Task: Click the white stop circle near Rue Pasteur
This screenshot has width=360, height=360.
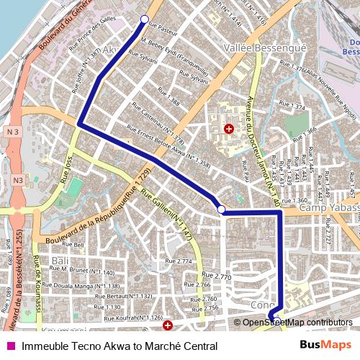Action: (144, 19)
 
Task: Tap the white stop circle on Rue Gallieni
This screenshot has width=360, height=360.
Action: (222, 210)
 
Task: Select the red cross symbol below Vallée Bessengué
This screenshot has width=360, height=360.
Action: (229, 129)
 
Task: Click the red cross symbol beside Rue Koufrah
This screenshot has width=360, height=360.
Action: (168, 325)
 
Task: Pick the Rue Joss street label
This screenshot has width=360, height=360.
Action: (68, 172)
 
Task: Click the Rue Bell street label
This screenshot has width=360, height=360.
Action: (74, 245)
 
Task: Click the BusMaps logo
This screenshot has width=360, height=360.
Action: (326, 346)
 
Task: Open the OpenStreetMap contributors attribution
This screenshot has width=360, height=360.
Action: (298, 323)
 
